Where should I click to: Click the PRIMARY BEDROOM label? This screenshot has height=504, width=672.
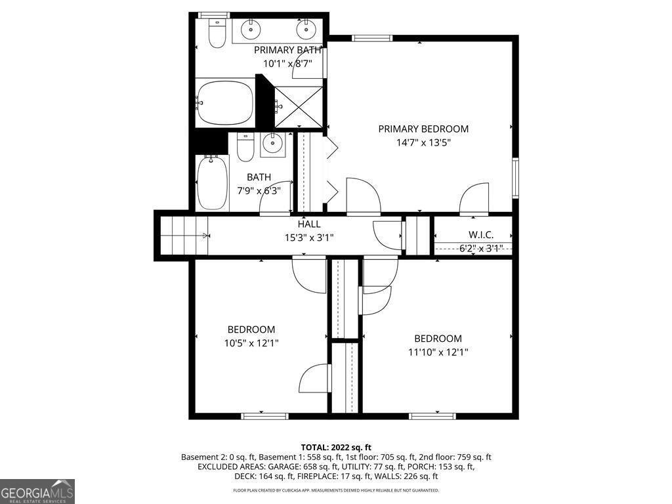(x=423, y=129)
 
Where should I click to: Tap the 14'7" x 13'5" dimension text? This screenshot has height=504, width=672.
(x=423, y=142)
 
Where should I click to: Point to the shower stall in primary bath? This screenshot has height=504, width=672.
(x=299, y=106)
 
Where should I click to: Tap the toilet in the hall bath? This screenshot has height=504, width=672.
(x=245, y=148)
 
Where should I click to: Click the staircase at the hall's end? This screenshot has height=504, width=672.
(x=183, y=235)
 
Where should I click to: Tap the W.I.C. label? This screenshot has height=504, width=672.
(x=480, y=235)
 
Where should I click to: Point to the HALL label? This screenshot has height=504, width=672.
(x=309, y=224)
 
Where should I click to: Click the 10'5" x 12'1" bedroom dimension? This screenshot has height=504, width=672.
(x=251, y=342)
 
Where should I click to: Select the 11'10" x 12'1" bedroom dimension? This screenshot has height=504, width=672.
(x=438, y=351)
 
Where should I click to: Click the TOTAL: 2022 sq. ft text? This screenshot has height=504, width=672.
(x=336, y=447)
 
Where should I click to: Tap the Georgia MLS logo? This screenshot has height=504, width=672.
(x=37, y=491)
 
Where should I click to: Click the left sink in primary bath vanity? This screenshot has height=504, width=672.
(x=250, y=29)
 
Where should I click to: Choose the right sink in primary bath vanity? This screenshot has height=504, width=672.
(x=305, y=29)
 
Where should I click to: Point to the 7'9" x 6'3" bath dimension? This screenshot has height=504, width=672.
(x=259, y=190)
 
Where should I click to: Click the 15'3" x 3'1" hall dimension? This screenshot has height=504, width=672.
(x=309, y=238)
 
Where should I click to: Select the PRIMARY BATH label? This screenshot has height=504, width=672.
(x=287, y=50)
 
